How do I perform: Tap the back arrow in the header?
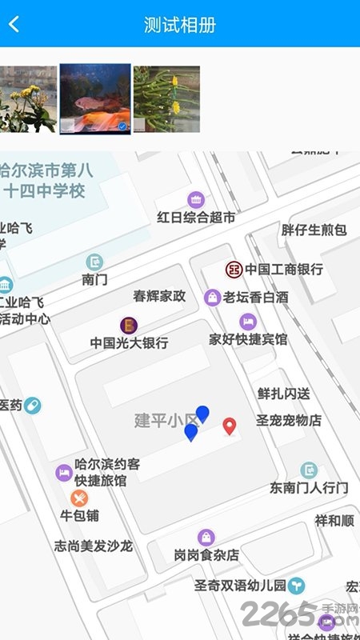click(14, 24)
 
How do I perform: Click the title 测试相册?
click(180, 24)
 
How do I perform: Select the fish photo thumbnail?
click(95, 98)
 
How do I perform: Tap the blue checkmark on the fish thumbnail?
click(122, 126)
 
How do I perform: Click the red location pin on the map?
click(230, 426)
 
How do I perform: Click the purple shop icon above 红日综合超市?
click(196, 199)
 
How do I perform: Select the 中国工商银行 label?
click(284, 269)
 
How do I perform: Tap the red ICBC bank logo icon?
click(234, 269)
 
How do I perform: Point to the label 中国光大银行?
click(129, 342)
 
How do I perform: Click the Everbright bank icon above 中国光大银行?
click(129, 325)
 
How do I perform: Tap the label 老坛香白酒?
click(255, 297)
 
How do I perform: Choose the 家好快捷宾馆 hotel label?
click(248, 338)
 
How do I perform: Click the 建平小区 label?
click(165, 421)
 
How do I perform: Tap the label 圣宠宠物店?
click(288, 419)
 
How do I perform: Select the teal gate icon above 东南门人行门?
click(310, 470)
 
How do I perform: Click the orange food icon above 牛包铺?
click(79, 498)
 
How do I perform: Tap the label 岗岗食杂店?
click(206, 554)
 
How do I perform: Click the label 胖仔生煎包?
click(314, 230)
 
